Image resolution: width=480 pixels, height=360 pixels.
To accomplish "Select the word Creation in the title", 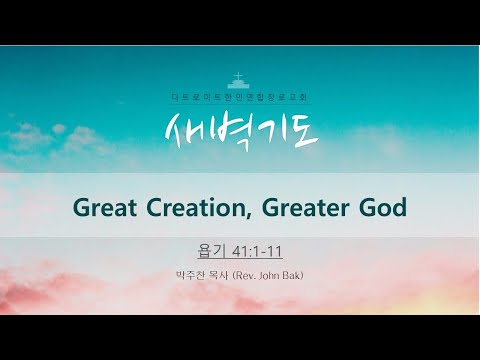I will tap(188, 211).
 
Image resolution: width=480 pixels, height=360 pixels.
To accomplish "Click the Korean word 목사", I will tap(223, 273).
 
